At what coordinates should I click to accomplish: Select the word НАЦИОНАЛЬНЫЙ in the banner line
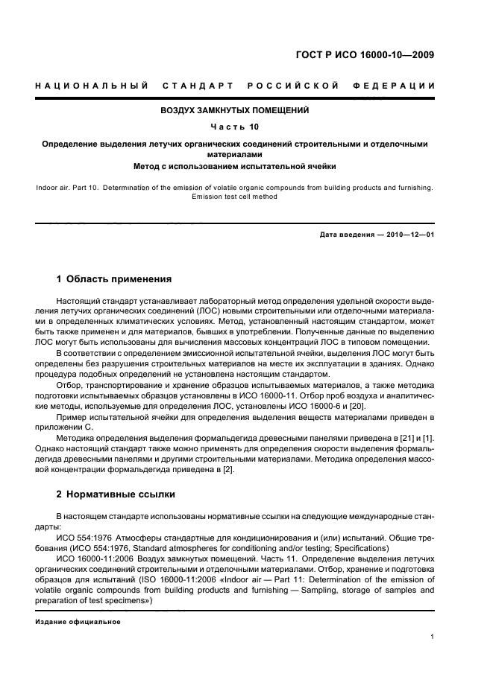[x=91, y=86]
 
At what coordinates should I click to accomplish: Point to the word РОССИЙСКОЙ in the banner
[x=293, y=86]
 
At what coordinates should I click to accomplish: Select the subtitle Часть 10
[x=234, y=127]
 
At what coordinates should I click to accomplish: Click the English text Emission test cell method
[x=234, y=197]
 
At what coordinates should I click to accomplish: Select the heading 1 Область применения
[x=114, y=279]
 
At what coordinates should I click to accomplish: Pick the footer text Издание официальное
[x=78, y=622]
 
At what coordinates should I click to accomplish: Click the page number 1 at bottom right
[x=433, y=637]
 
